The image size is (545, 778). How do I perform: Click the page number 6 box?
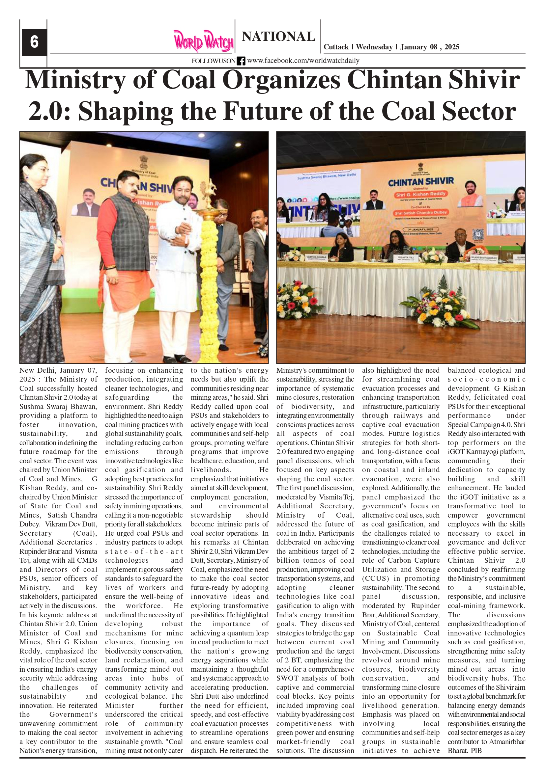pos(34,42)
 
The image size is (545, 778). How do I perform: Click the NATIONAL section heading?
pos(278,37)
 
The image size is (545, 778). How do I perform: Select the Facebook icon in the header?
pos(241,61)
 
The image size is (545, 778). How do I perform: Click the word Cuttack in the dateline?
pos(336,47)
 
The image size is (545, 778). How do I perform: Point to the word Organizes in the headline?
pos(281,80)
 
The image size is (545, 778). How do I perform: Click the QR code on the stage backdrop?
pos(478,234)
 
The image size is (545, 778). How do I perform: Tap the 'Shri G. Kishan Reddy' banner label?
pos(420,194)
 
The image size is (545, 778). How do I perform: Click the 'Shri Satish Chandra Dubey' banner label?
pos(420,212)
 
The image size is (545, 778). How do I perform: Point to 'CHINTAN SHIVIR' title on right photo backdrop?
pos(421,182)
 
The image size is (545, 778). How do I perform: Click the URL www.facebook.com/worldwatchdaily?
pos(303,61)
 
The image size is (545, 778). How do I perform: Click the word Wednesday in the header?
pos(374,47)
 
